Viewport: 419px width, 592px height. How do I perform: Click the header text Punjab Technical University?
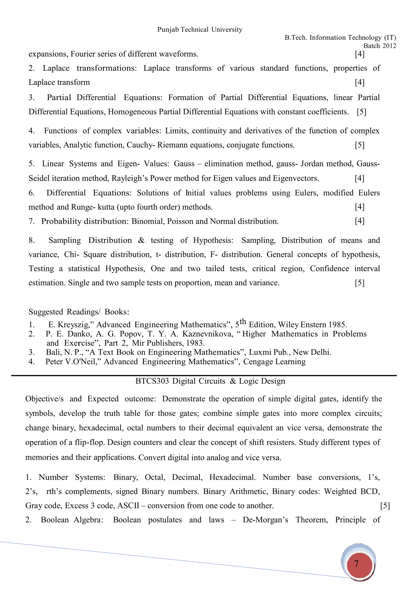pos(200,30)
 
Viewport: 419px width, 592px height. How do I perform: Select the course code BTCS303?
pos(152,381)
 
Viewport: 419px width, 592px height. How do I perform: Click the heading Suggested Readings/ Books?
pos(79,312)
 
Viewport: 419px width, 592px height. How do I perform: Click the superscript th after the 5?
pos(243,322)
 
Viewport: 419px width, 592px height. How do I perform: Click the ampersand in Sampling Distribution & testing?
pos(141,240)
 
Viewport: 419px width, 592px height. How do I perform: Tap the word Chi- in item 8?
pos(71,255)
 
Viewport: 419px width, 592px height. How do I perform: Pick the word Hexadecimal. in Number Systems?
pos(232,477)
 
